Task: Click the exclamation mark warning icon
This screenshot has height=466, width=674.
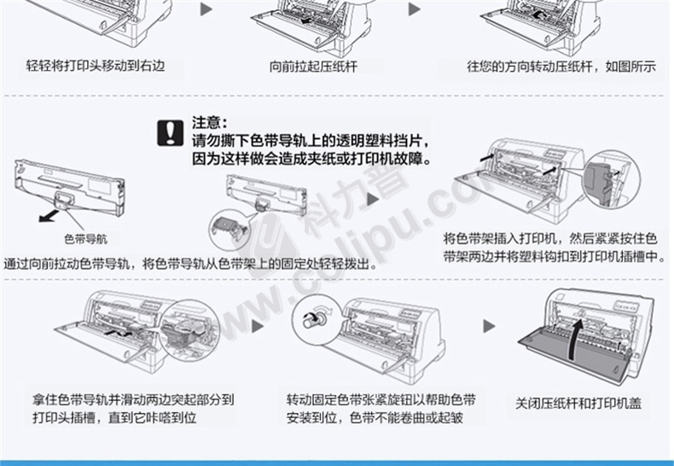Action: point(171,132)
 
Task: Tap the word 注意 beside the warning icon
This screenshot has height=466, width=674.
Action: point(206,123)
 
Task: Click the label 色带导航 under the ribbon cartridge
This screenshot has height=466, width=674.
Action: point(85,239)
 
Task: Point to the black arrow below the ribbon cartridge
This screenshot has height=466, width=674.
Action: point(49,215)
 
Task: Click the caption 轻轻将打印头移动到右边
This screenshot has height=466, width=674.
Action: point(96,66)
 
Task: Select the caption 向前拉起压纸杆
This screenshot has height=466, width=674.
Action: point(313,67)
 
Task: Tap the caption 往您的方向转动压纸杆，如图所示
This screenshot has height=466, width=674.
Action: point(561,67)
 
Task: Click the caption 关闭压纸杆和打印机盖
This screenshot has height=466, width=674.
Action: point(578,403)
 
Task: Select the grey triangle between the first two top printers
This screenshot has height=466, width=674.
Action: point(206,9)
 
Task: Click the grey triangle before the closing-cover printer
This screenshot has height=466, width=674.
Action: point(489,326)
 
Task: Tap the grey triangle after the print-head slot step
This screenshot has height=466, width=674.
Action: point(258,326)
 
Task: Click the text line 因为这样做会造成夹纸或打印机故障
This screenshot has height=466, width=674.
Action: point(312,159)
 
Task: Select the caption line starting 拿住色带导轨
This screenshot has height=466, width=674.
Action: point(134,399)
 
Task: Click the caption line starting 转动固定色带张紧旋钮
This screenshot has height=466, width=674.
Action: point(381,399)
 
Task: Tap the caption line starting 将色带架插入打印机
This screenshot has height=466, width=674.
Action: point(550,238)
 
